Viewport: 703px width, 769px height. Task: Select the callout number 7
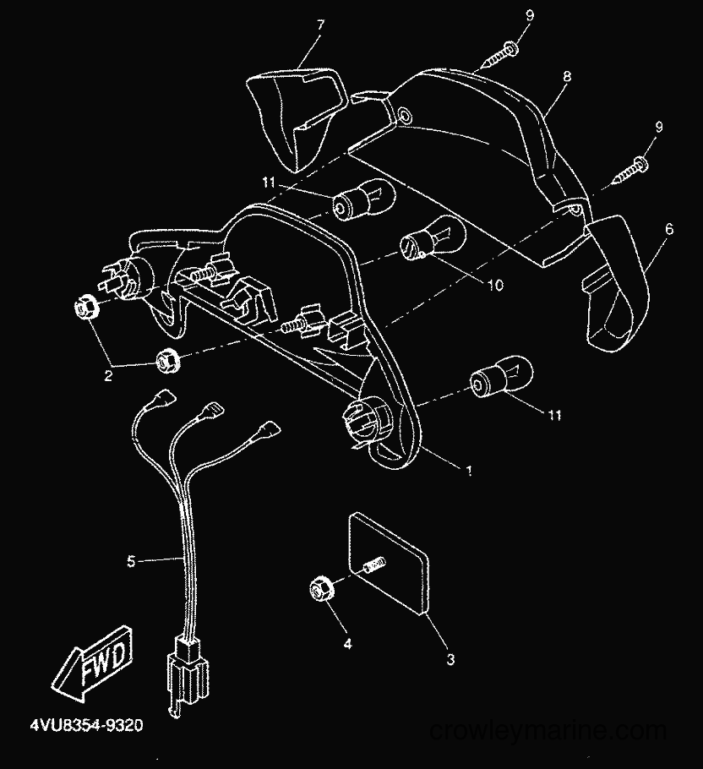[x=320, y=25]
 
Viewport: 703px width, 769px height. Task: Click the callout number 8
[x=567, y=76]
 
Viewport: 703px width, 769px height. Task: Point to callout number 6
[x=669, y=229]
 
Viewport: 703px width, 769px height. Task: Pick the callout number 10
[x=496, y=285]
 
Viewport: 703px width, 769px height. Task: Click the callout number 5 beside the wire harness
[x=131, y=561]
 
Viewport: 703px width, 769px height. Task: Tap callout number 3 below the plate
[x=450, y=659]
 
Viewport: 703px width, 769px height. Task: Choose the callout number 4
[x=347, y=643]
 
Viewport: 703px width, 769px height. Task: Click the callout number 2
[x=108, y=376]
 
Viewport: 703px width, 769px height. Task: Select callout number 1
[x=469, y=471]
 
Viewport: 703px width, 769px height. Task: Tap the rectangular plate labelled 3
[x=389, y=563]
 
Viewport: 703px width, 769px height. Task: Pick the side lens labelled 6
[x=616, y=283]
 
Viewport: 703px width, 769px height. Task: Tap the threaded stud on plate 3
[x=375, y=565]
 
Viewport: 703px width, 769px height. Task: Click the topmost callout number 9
[x=530, y=16]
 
